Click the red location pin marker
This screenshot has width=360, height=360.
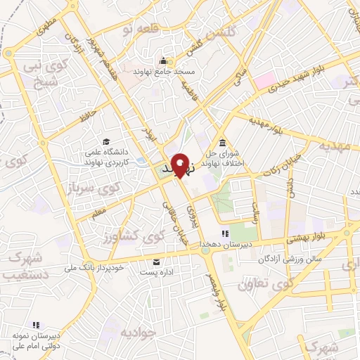[180, 166]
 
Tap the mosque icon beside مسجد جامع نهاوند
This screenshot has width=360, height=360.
[164, 60]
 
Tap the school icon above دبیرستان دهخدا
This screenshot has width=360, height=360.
[224, 234]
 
